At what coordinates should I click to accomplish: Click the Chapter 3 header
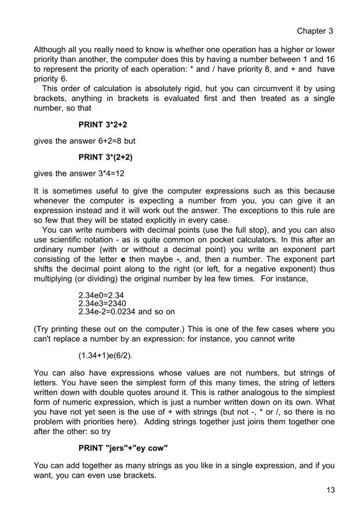point(314,31)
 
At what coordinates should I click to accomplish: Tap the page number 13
point(330,490)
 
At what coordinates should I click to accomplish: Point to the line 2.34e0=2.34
point(101,295)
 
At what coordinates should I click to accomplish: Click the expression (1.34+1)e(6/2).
point(106,355)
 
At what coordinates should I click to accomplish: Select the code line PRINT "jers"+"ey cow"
point(123,448)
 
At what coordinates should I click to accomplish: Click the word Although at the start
point(53,49)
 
